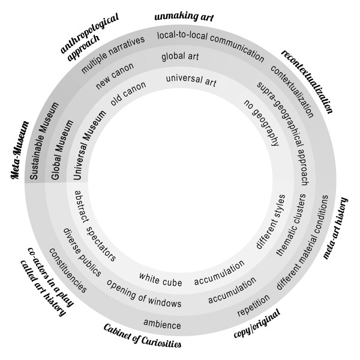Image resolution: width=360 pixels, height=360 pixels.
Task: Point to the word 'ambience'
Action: (162, 325)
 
